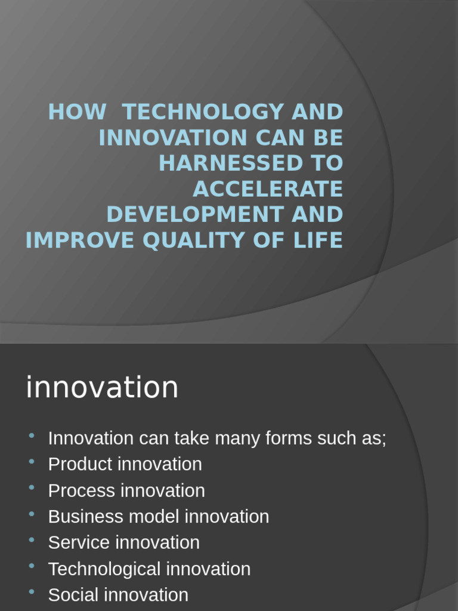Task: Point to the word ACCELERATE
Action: (x=268, y=189)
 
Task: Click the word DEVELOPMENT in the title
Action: (x=192, y=215)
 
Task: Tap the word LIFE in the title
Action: (x=321, y=240)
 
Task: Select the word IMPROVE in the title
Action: (x=75, y=240)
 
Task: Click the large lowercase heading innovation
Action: (x=102, y=388)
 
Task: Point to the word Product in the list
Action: (x=81, y=464)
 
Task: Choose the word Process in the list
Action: (x=82, y=490)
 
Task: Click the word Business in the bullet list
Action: (x=83, y=517)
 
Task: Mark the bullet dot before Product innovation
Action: (x=32, y=461)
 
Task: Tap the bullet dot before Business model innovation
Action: (x=32, y=514)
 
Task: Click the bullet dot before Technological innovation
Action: (x=32, y=566)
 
